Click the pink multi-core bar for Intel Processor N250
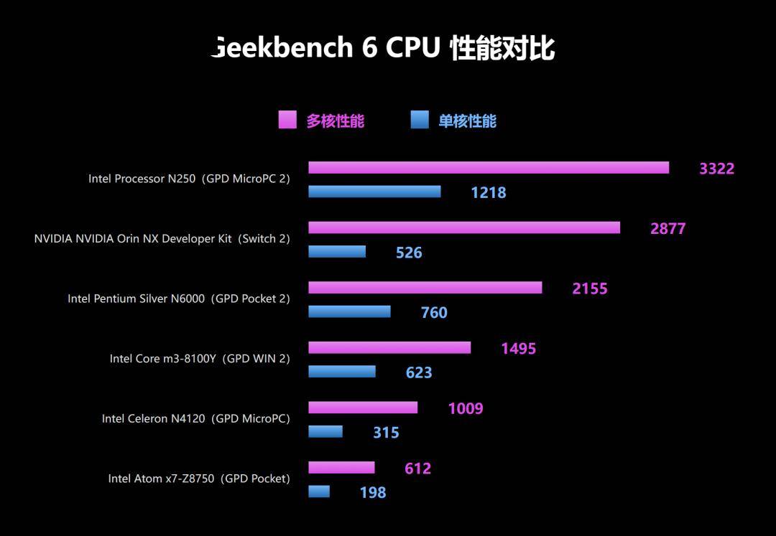(x=489, y=168)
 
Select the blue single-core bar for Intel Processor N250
(x=374, y=192)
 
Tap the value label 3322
(x=716, y=169)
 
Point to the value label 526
(x=409, y=253)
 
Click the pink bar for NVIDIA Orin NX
(x=464, y=227)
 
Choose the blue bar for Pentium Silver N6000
(x=349, y=311)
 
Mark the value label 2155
(x=589, y=288)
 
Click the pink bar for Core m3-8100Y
(x=389, y=348)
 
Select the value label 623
(x=419, y=372)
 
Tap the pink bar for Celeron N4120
(x=363, y=408)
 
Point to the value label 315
(x=386, y=433)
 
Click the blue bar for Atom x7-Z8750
(x=319, y=492)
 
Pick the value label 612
(x=417, y=469)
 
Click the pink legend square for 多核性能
(x=287, y=120)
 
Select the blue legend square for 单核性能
(x=420, y=120)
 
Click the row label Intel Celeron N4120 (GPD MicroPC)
(x=195, y=418)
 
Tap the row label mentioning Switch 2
(x=162, y=239)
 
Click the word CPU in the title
(x=412, y=48)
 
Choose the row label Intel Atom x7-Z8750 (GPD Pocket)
(x=199, y=479)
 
